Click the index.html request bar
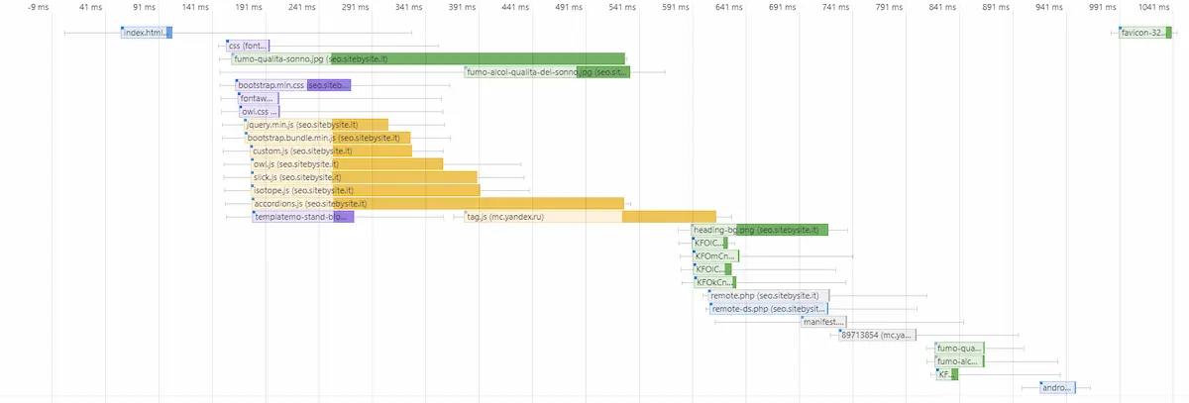click(147, 33)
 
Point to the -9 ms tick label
click(39, 8)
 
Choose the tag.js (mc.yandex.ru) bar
click(590, 217)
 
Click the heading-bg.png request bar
click(759, 230)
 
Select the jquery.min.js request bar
click(316, 125)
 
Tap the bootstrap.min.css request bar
click(293, 85)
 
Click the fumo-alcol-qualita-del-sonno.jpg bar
click(547, 72)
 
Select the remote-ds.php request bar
click(769, 309)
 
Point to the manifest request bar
click(823, 322)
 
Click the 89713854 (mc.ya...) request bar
click(877, 335)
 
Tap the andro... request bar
click(1057, 387)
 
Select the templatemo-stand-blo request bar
click(302, 217)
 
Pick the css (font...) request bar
click(248, 46)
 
